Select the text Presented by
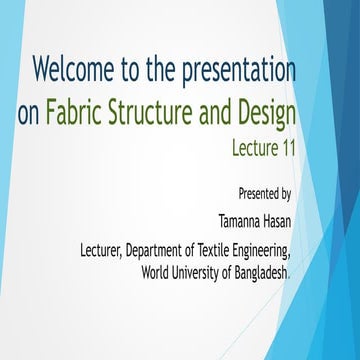point(265,192)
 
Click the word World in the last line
point(156,270)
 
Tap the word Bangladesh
point(263,270)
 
